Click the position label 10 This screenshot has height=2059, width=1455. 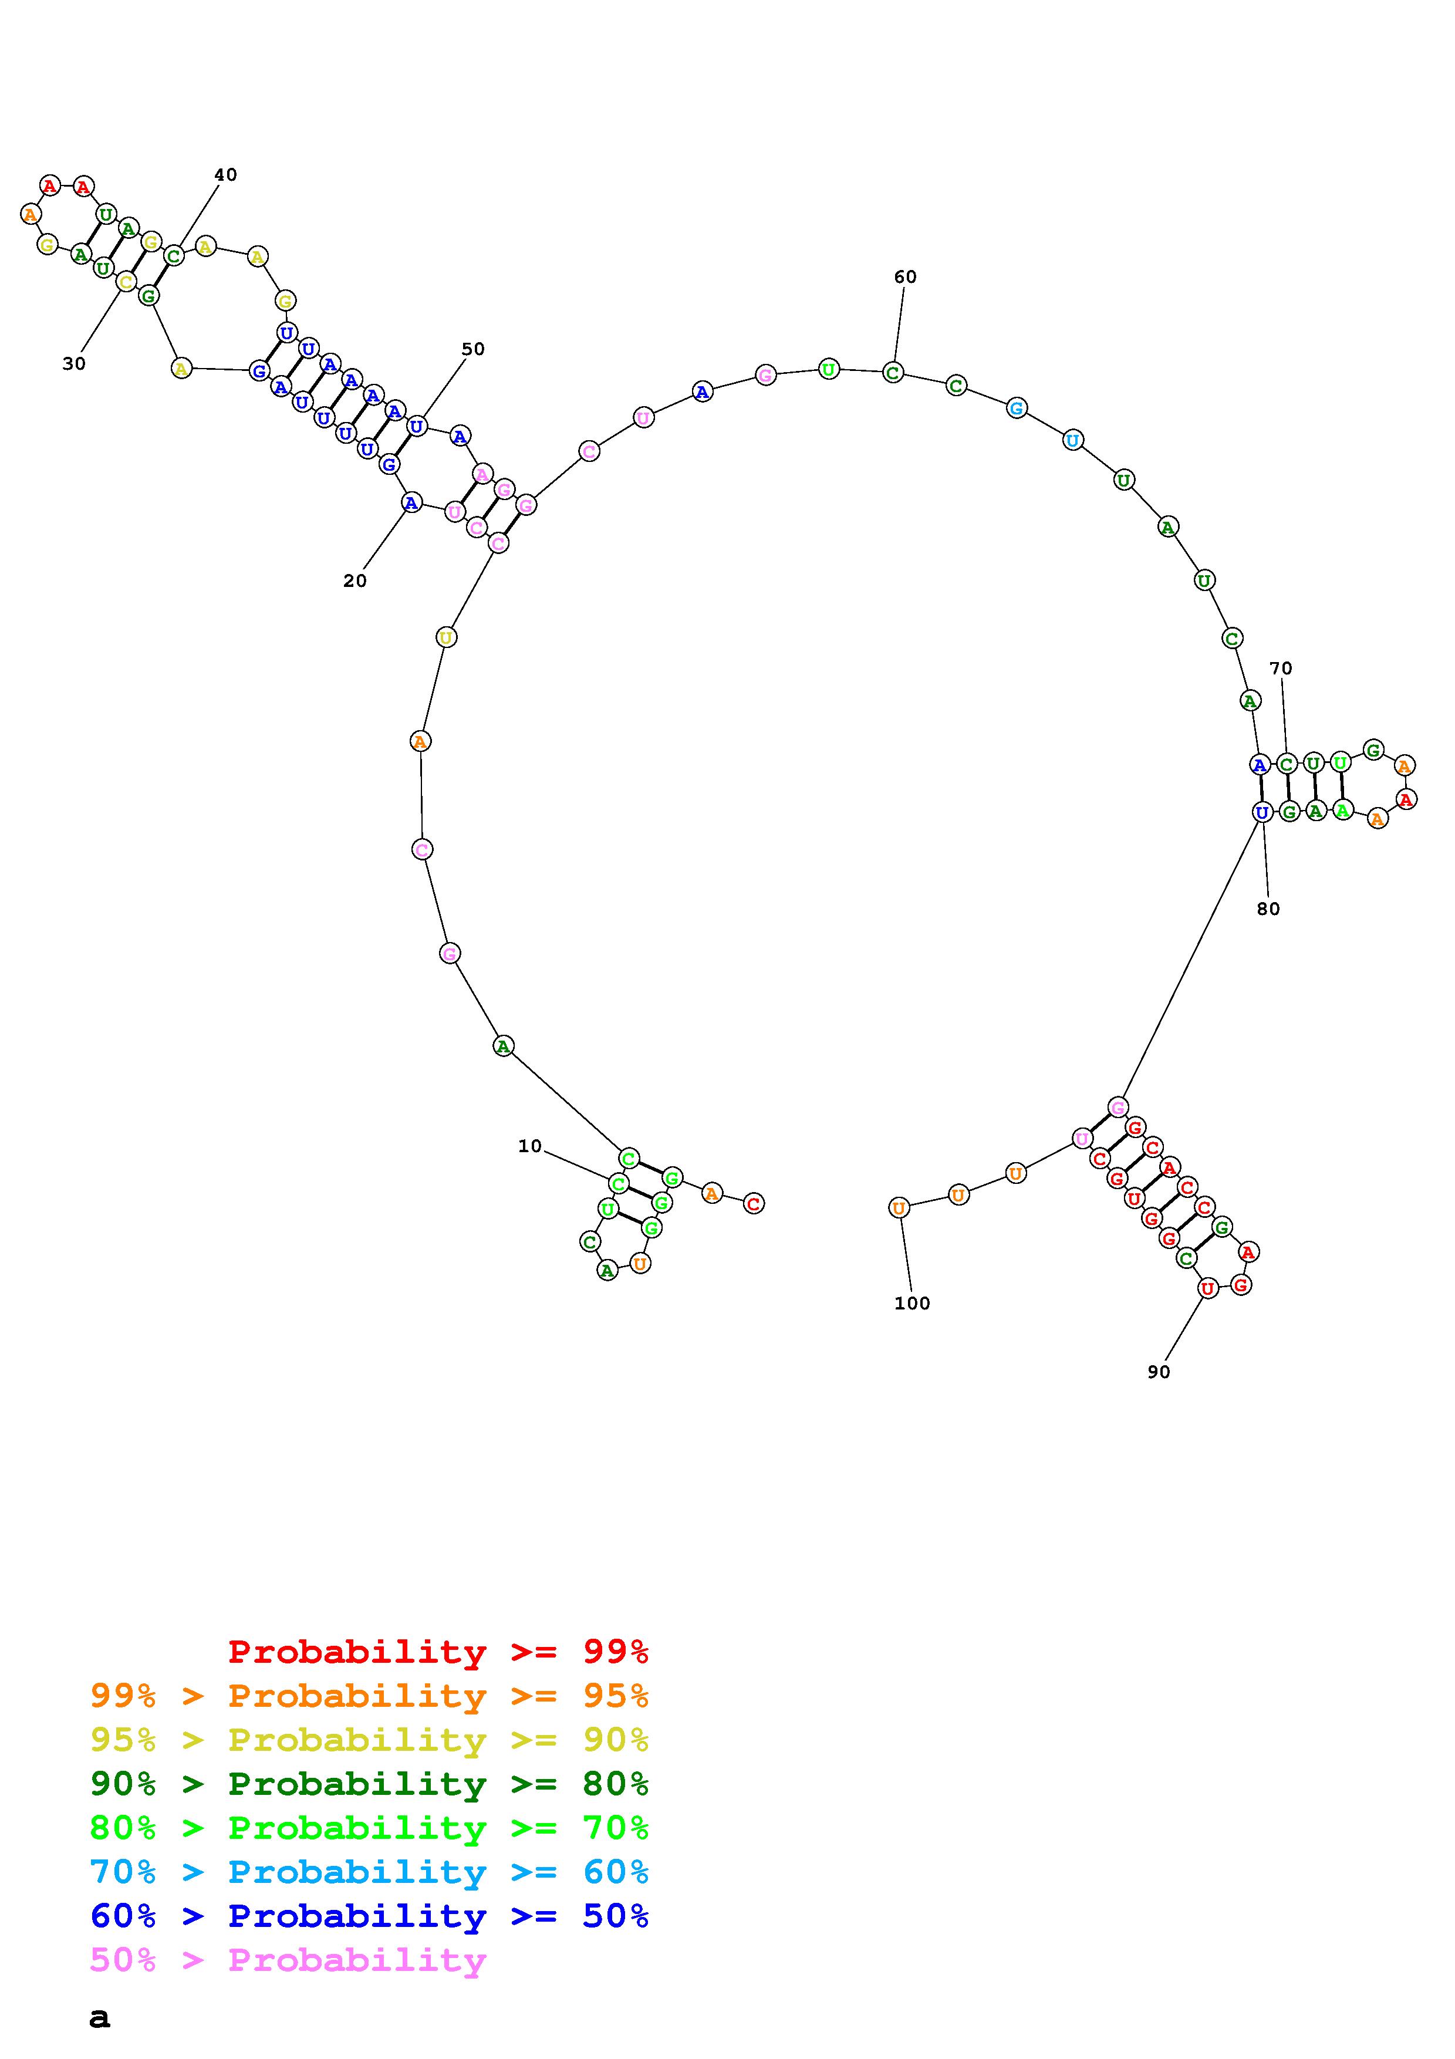tap(530, 1146)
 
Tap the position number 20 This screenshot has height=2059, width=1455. tap(355, 581)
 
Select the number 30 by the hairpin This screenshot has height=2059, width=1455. tap(75, 363)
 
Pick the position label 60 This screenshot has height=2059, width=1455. tap(906, 277)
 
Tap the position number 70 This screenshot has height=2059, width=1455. tap(1281, 668)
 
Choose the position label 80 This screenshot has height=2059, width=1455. tap(1268, 909)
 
